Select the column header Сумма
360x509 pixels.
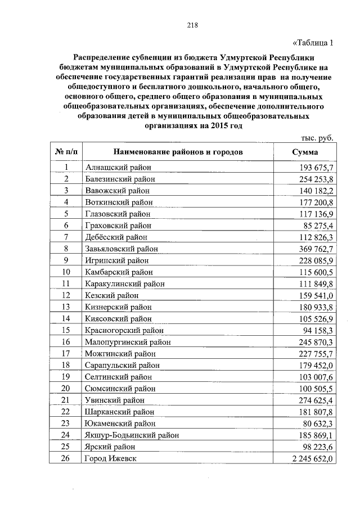[x=305, y=152]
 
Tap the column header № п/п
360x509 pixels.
[x=66, y=152]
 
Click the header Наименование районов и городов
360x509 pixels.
[x=178, y=152]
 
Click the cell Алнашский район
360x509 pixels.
[x=118, y=168]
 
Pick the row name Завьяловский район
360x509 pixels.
[x=121, y=248]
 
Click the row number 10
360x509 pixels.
[x=66, y=272]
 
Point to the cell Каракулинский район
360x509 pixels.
[x=125, y=283]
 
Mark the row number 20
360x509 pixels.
[x=66, y=388]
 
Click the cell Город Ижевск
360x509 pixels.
[x=110, y=458]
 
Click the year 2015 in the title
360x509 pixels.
[x=222, y=127]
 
